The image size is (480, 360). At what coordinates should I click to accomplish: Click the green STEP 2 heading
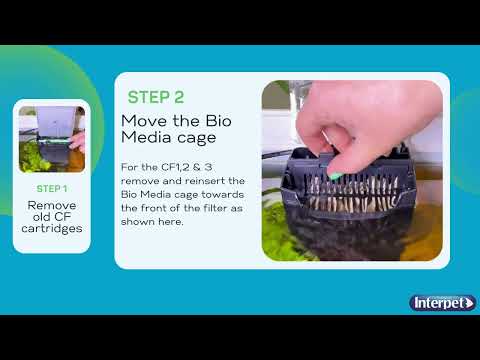(x=156, y=97)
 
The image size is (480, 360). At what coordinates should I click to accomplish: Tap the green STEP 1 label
(x=52, y=188)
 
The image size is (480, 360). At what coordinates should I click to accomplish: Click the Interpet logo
(x=441, y=302)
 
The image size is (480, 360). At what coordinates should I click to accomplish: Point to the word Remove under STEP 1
(x=52, y=205)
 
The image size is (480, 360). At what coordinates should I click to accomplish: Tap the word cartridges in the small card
(x=52, y=229)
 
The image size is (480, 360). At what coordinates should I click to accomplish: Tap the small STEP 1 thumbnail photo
(x=52, y=140)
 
